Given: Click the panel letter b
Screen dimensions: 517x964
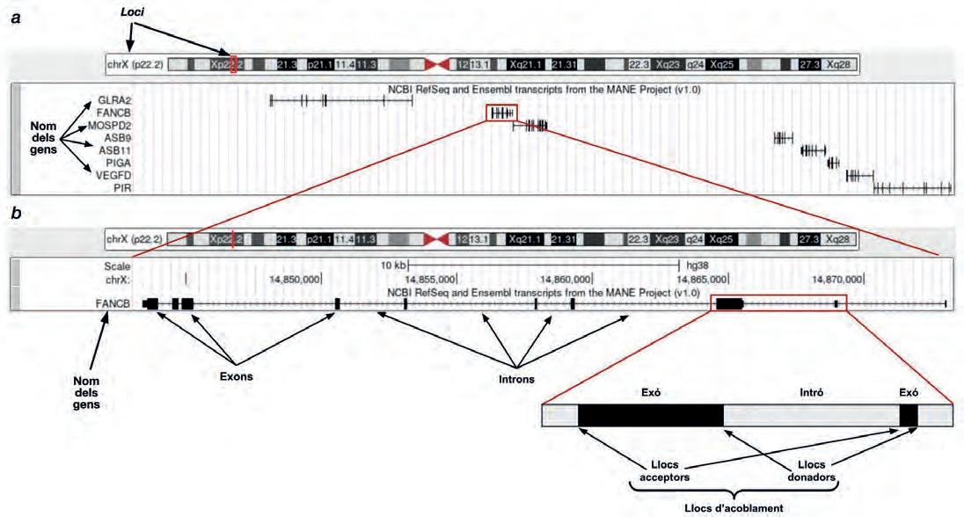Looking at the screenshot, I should click(x=15, y=213).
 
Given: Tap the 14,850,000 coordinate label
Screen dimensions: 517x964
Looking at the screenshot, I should click(x=295, y=279).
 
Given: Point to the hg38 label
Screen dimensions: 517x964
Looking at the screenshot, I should click(x=699, y=264).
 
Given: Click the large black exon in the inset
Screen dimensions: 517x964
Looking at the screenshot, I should click(x=651, y=415).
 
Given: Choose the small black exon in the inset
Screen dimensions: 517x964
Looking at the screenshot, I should click(x=909, y=415).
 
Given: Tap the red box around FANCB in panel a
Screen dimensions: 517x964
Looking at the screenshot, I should click(x=502, y=113).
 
